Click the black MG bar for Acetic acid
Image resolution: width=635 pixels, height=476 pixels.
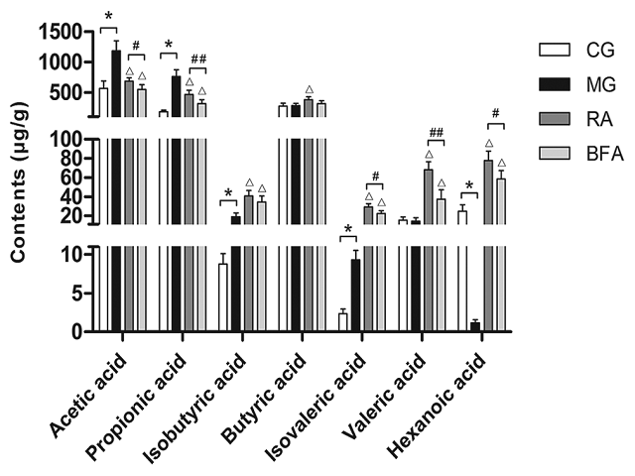click(116, 188)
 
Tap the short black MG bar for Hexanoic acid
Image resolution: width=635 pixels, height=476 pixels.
click(475, 326)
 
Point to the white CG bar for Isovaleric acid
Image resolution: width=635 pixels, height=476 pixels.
click(342, 321)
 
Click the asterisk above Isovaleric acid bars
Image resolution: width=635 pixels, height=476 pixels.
click(348, 231)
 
